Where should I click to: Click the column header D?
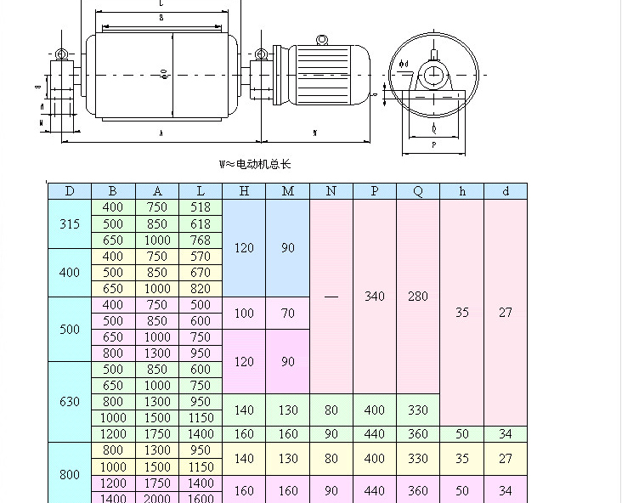tap(70, 191)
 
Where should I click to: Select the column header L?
tap(201, 191)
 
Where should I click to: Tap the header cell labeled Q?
tap(418, 191)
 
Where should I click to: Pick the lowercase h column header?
tap(462, 191)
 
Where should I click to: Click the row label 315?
tap(70, 224)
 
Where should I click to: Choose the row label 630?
tap(70, 402)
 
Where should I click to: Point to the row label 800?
tap(70, 475)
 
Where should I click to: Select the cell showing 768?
tap(201, 240)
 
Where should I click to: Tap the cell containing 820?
tap(201, 289)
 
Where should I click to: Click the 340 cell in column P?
tap(375, 297)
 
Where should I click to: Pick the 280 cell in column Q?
tap(418, 297)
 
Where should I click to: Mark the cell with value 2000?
tap(157, 499)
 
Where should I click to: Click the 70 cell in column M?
tap(288, 314)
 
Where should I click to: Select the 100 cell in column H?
tap(244, 314)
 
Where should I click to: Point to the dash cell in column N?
tap(331, 297)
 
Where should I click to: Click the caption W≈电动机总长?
tap(256, 164)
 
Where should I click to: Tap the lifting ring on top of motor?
tap(322, 40)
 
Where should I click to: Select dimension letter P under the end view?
tap(434, 145)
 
